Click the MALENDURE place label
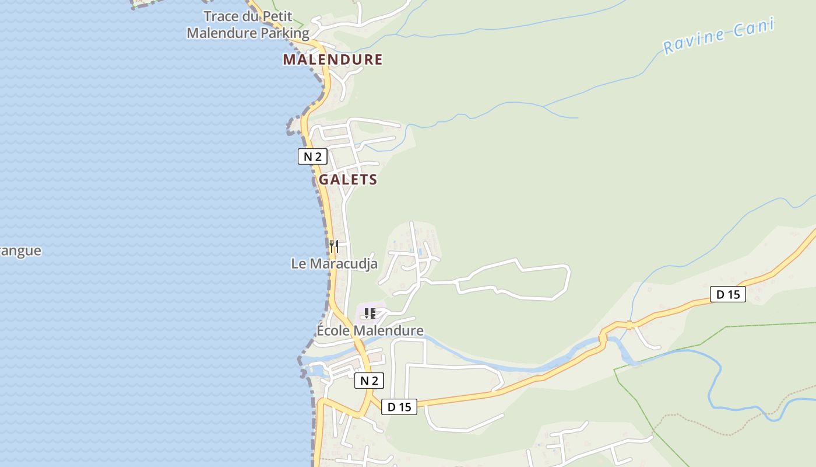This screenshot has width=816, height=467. (333, 60)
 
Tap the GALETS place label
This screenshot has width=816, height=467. (348, 180)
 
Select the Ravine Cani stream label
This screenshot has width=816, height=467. (719, 36)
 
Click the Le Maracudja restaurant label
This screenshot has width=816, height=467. (334, 264)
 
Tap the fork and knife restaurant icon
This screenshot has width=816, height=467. (333, 246)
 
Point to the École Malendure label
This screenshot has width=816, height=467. (370, 331)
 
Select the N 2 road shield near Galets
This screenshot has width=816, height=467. (312, 156)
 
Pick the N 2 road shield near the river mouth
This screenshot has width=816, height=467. (369, 381)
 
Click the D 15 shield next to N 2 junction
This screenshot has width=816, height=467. (399, 407)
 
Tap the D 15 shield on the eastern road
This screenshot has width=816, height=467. (728, 294)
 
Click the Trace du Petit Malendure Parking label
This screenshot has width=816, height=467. (248, 25)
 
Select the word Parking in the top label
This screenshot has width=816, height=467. (284, 33)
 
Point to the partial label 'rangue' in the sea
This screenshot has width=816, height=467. (20, 251)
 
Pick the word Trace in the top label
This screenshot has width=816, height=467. (221, 16)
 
